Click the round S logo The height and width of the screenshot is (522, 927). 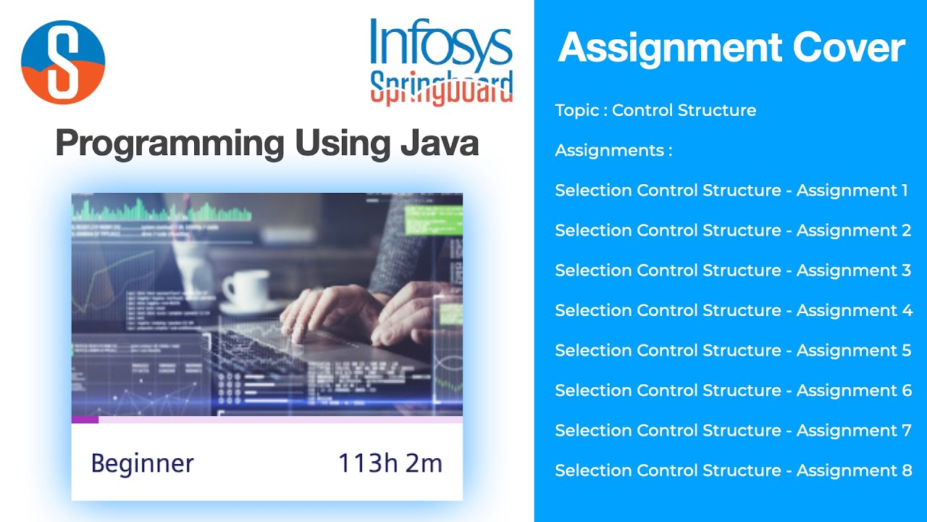coord(63,62)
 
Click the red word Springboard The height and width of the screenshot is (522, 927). coord(441,88)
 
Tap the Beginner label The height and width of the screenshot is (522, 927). coord(143,463)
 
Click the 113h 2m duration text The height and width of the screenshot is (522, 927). coord(390,463)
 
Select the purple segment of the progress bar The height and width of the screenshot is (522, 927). coord(85,419)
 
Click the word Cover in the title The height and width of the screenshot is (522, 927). coord(848,48)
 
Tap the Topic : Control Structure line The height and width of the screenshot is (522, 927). coord(655,110)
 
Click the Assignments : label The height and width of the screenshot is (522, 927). coord(613,151)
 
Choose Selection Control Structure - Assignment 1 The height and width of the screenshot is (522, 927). coord(731,191)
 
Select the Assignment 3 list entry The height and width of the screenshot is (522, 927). coord(733,270)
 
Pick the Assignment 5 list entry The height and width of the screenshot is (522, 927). coord(733,351)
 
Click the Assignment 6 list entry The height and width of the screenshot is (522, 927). coord(733,391)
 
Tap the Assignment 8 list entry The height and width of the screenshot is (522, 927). coord(733,471)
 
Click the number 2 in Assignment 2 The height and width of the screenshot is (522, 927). coord(906,231)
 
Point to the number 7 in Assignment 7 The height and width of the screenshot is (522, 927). coord(906,431)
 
